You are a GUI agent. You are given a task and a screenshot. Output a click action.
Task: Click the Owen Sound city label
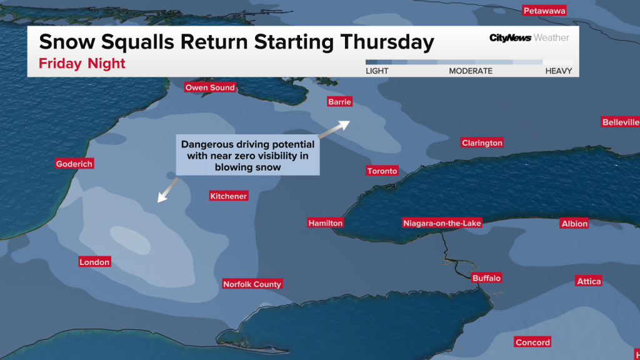click(x=210, y=88)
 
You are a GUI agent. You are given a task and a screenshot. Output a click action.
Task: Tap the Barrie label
click(x=340, y=102)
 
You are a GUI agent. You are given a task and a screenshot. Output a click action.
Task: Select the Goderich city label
click(x=74, y=164)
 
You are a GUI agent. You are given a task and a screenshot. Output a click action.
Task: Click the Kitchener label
click(x=229, y=196)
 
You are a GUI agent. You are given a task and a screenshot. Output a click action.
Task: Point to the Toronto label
click(x=382, y=171)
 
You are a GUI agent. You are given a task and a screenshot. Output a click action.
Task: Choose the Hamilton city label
click(x=326, y=223)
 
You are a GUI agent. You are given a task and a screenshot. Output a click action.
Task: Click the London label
click(x=95, y=262)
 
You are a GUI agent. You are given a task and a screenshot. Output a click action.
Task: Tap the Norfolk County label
click(x=252, y=284)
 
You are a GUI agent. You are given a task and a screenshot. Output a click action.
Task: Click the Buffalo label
click(x=487, y=278)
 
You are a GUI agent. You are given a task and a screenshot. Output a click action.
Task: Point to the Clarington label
click(x=482, y=143)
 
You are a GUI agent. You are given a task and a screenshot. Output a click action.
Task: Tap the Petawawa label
click(x=544, y=11)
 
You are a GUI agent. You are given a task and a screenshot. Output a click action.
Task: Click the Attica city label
click(x=589, y=282)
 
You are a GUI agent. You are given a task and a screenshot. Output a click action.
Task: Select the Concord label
click(x=532, y=342)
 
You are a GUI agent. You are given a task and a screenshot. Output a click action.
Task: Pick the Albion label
click(x=574, y=224)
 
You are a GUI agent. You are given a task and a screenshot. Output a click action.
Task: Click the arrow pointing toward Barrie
click(x=334, y=129)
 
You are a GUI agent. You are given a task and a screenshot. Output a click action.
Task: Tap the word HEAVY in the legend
click(x=558, y=71)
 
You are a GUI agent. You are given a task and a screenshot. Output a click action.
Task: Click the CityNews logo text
click(x=509, y=38)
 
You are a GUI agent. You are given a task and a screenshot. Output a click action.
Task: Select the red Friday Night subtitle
click(x=82, y=64)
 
